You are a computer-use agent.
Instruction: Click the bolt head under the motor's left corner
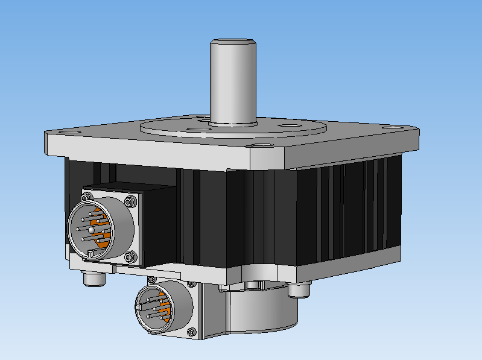pyautogui.click(x=94, y=280)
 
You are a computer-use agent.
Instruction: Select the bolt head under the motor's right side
pyautogui.click(x=299, y=290)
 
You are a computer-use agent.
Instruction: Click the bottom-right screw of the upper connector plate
pyautogui.click(x=132, y=257)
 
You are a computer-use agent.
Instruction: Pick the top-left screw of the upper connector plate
pyautogui.click(x=86, y=195)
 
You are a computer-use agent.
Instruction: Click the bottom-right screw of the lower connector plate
pyautogui.click(x=192, y=331)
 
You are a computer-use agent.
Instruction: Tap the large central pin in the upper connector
pyautogui.click(x=91, y=230)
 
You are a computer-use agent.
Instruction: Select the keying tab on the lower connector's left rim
pyautogui.click(x=139, y=309)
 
